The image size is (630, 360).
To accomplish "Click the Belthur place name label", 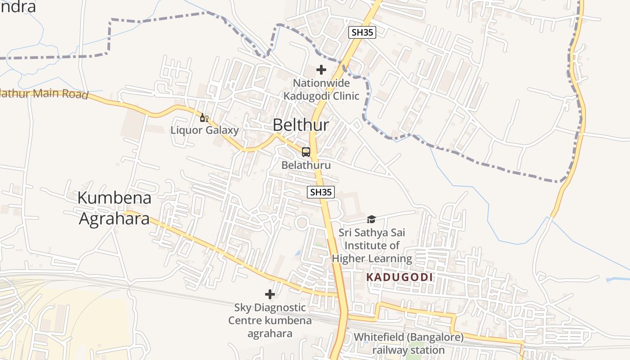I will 301,125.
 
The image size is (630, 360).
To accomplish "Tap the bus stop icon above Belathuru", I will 306,152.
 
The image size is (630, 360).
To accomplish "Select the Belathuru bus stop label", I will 306,165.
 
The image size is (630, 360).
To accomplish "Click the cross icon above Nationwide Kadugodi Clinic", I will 321,70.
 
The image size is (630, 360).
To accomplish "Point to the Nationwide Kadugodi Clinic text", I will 321,90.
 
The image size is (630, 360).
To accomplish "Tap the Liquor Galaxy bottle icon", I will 204,118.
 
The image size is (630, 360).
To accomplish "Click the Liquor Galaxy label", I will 204,130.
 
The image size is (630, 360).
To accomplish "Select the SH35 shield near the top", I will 362,32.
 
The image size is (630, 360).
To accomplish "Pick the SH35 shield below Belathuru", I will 321,192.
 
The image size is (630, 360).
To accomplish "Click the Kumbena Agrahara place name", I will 114,208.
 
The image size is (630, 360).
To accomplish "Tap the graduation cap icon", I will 371,219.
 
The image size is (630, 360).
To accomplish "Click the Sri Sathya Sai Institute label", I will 372,246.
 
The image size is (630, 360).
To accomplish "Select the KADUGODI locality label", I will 400,277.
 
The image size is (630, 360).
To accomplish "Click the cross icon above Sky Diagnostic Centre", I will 270,294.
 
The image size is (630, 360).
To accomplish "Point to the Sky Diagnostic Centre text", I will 270,320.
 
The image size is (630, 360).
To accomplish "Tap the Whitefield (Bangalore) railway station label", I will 408,343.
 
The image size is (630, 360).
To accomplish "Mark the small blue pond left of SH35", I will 298,253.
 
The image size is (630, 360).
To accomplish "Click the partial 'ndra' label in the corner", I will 18,7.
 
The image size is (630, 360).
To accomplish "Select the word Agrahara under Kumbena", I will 114,219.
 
